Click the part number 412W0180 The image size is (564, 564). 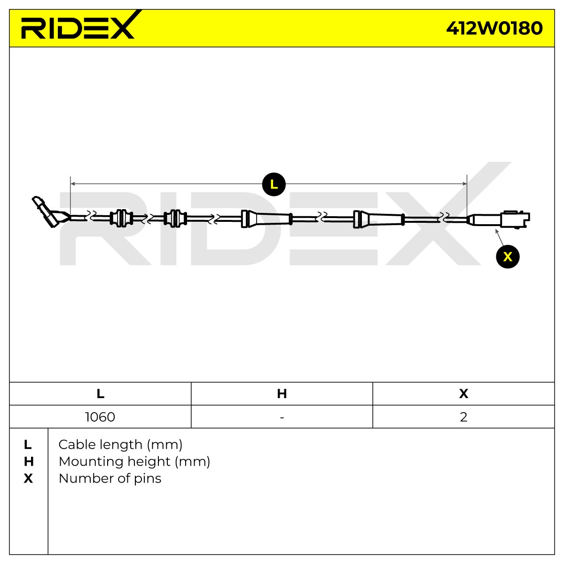pos(494,28)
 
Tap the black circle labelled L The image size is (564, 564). pos(274,184)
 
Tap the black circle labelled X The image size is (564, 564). pos(508,257)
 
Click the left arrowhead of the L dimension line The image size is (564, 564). pos(73,184)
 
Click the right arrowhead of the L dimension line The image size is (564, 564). pos(464,184)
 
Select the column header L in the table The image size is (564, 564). pos(101,394)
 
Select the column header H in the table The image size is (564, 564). pos(282,394)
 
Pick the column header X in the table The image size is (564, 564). pos(463,394)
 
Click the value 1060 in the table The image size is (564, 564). pos(100,417)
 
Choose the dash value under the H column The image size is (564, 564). pos(282,418)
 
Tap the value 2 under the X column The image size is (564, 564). pos(463,417)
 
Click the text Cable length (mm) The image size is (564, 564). pos(120,445)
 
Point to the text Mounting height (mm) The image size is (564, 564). pos(134,462)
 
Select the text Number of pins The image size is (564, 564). pos(110,478)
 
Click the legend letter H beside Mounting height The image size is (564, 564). pos(28,462)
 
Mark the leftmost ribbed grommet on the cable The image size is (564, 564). pos(121,219)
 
